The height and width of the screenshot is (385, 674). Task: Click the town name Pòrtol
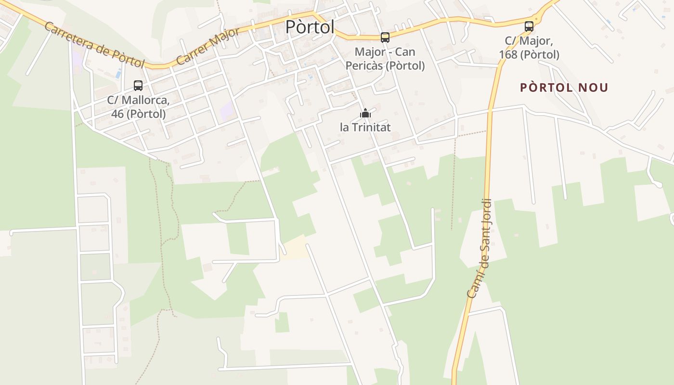pyautogui.click(x=310, y=27)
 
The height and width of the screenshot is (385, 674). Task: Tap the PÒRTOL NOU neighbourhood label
pyautogui.click(x=564, y=88)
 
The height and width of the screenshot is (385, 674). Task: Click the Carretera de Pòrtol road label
pyautogui.click(x=94, y=44)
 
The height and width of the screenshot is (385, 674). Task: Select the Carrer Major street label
pyautogui.click(x=207, y=47)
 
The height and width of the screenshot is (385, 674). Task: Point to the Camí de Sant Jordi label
pyautogui.click(x=480, y=248)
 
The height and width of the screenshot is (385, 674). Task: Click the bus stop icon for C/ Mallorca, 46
pyautogui.click(x=138, y=86)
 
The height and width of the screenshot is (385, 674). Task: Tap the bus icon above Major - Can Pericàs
pyautogui.click(x=385, y=37)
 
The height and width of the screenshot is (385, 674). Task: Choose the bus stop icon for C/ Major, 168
pyautogui.click(x=529, y=26)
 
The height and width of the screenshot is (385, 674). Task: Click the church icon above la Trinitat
pyautogui.click(x=365, y=114)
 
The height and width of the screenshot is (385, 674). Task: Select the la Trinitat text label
pyautogui.click(x=365, y=127)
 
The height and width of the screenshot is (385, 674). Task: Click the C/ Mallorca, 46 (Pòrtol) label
pyautogui.click(x=138, y=107)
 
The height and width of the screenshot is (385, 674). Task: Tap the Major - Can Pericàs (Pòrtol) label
pyautogui.click(x=385, y=59)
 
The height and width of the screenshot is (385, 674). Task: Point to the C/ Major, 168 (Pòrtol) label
pyautogui.click(x=529, y=48)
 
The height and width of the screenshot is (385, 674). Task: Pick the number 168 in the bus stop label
pyautogui.click(x=508, y=55)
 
